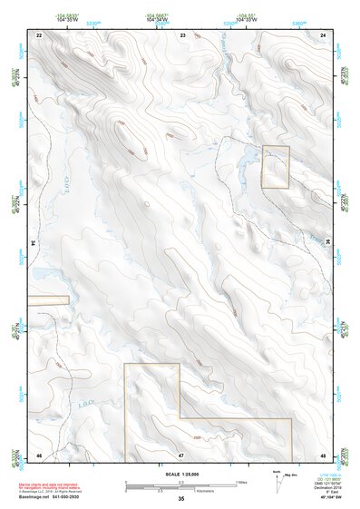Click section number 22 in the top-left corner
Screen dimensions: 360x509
39,34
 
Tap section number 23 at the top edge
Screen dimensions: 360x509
182,34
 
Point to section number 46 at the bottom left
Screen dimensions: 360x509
39,454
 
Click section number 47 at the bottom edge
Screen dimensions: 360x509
181,454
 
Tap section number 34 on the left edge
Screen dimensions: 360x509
34,243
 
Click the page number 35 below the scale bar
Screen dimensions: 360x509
181,499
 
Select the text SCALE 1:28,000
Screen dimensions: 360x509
181,474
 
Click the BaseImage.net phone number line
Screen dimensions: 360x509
50,495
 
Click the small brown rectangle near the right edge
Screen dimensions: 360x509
275,167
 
